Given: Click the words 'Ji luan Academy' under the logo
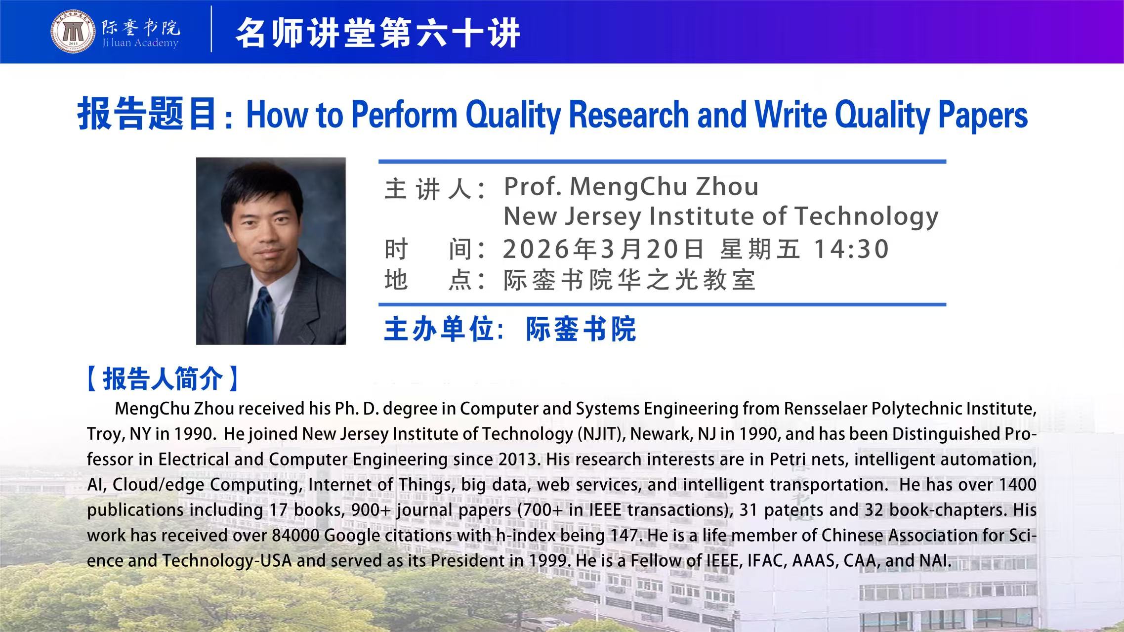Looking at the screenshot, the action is pyautogui.click(x=140, y=43).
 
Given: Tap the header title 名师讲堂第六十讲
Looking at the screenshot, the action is pyautogui.click(x=378, y=33).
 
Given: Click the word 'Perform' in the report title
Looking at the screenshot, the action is pyautogui.click(x=404, y=115).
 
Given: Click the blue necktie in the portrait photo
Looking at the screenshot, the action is pyautogui.click(x=260, y=316).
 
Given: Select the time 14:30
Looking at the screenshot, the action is pyautogui.click(x=851, y=249).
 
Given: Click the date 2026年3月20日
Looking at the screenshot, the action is pyautogui.click(x=603, y=249).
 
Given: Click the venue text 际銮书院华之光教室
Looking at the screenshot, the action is pyautogui.click(x=629, y=280).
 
